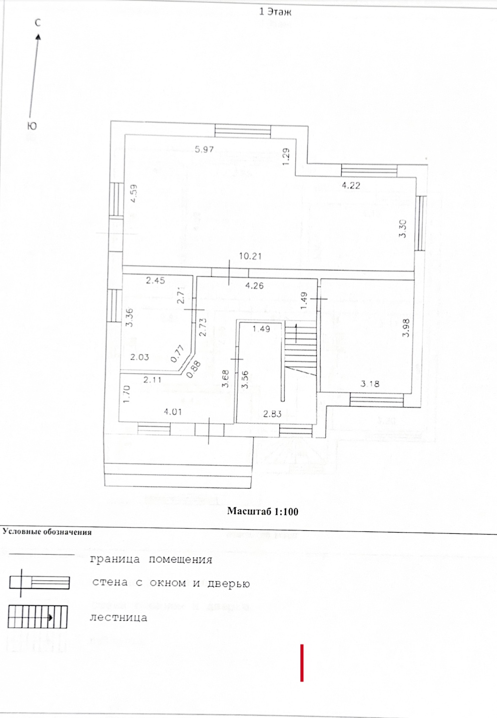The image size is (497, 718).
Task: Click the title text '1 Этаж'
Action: click(275, 12)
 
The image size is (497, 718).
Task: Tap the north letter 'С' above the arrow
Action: click(37, 22)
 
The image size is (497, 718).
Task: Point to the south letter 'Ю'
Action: click(31, 126)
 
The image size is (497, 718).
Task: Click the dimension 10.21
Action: click(250, 256)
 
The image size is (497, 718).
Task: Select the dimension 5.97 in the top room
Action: click(204, 149)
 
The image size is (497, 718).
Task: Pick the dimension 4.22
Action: click(351, 185)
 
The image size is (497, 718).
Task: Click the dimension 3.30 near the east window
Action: click(402, 228)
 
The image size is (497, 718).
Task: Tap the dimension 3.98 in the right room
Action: click(407, 328)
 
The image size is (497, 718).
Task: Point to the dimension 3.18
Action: click(370, 384)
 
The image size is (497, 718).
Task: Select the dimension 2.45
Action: click(155, 280)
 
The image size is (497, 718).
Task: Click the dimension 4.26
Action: click(254, 285)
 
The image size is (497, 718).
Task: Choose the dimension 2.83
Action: click(272, 414)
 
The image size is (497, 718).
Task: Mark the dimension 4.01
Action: click(173, 412)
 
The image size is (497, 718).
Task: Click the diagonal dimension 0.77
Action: click(178, 353)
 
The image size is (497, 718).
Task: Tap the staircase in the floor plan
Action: click(300, 350)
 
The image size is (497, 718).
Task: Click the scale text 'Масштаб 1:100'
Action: click(263, 511)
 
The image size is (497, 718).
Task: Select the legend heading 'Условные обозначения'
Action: click(47, 532)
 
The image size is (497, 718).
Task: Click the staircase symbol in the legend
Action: click(37, 617)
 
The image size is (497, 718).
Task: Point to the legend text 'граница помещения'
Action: click(151, 559)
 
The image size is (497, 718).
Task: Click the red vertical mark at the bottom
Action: click(302, 663)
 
